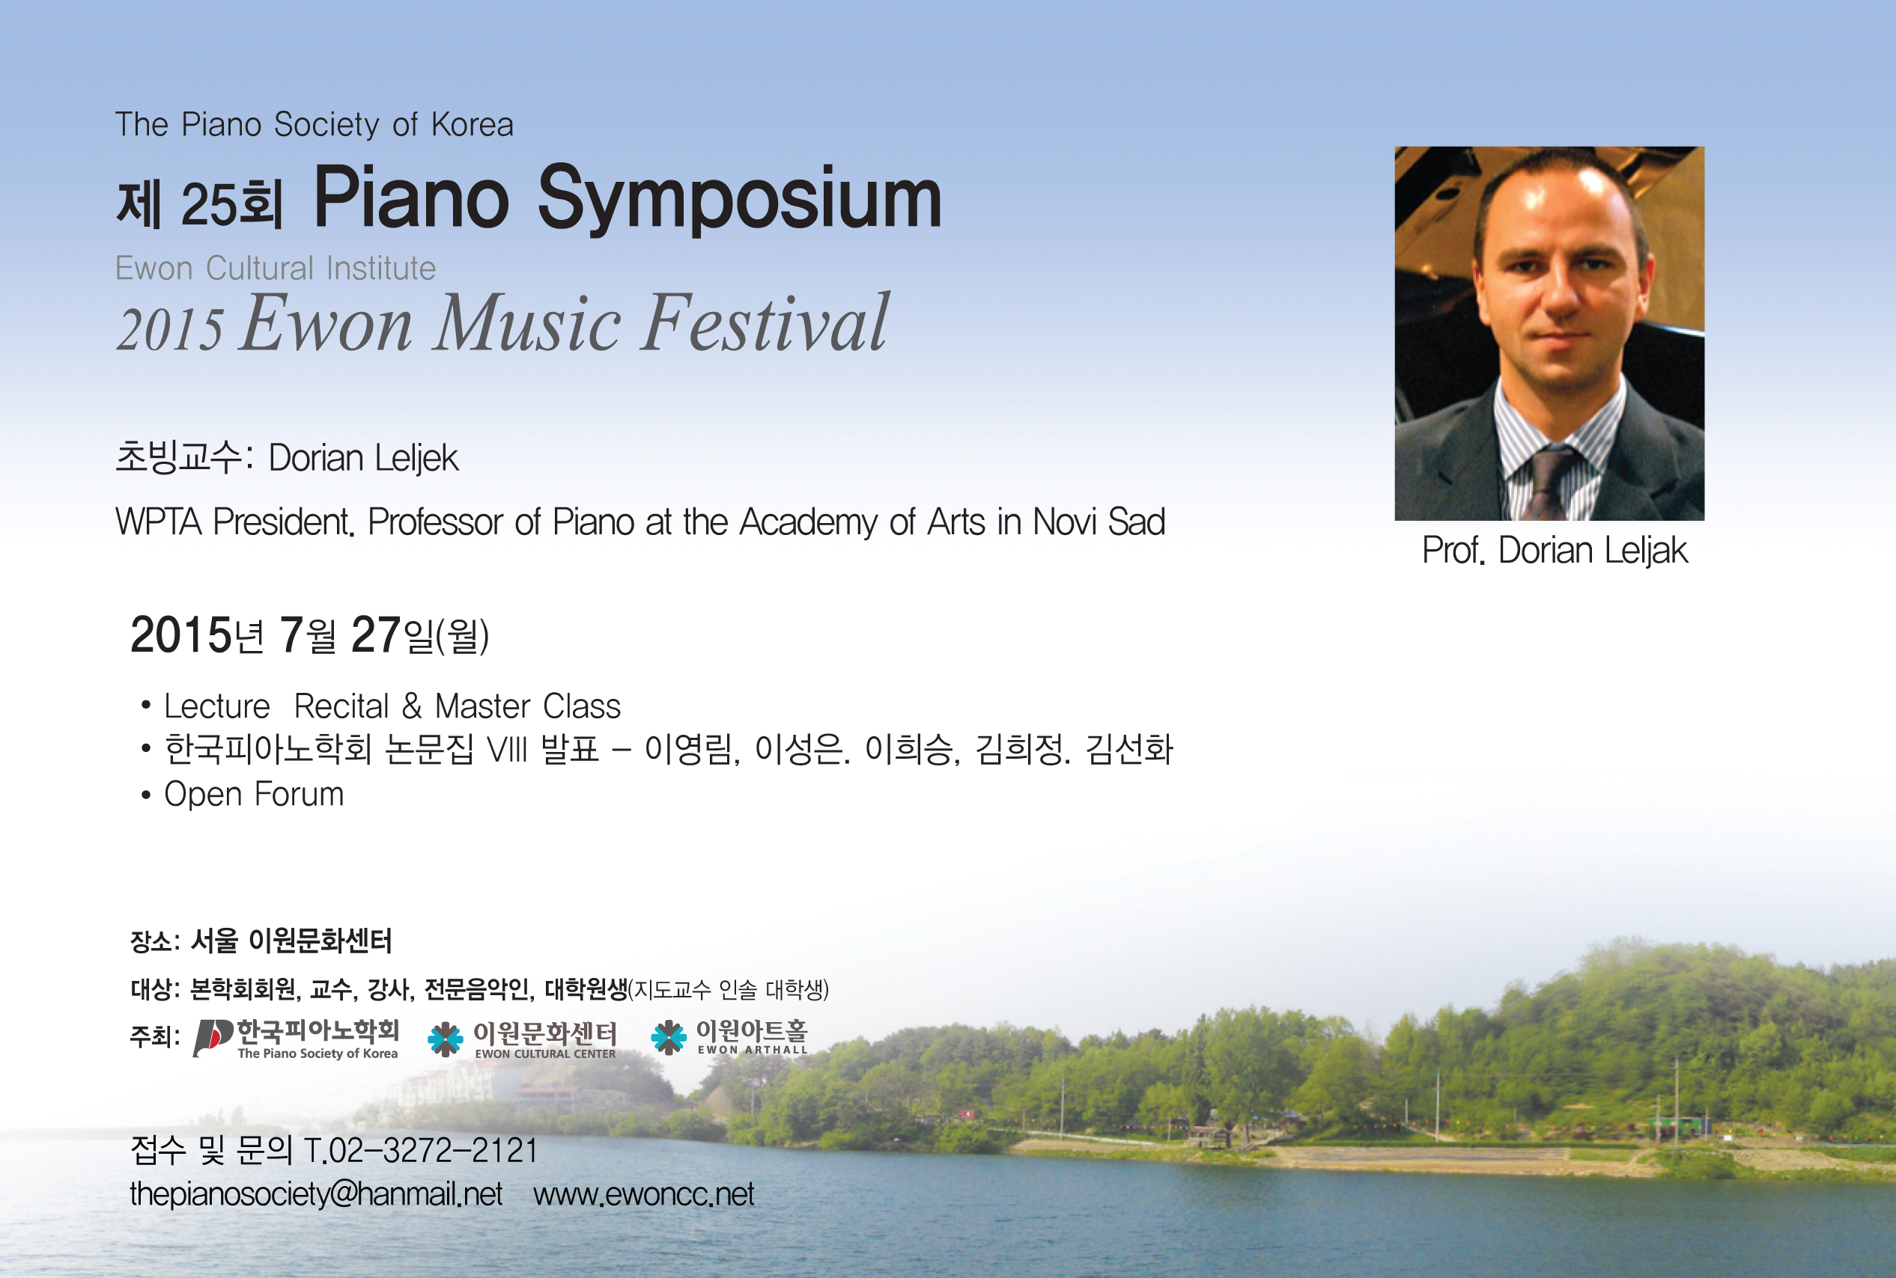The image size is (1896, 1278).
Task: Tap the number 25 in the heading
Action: pyautogui.click(x=207, y=204)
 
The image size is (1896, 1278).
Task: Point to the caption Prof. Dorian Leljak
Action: pyautogui.click(x=1555, y=551)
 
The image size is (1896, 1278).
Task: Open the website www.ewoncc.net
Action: pyautogui.click(x=643, y=1194)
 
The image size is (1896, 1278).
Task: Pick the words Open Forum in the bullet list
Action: pyautogui.click(x=254, y=794)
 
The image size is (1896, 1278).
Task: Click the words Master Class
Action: pyautogui.click(x=528, y=706)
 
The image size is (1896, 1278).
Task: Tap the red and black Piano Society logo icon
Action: pyautogui.click(x=213, y=1038)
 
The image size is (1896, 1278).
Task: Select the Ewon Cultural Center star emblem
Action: pyautogui.click(x=446, y=1039)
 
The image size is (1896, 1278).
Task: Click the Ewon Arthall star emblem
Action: pyautogui.click(x=669, y=1038)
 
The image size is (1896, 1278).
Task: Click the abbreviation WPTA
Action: pyautogui.click(x=158, y=522)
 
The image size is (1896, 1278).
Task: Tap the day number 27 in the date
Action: pyautogui.click(x=375, y=635)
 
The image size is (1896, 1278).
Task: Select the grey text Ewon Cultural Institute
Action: pyautogui.click(x=276, y=268)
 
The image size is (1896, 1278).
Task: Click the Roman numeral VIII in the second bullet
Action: pyautogui.click(x=507, y=750)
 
